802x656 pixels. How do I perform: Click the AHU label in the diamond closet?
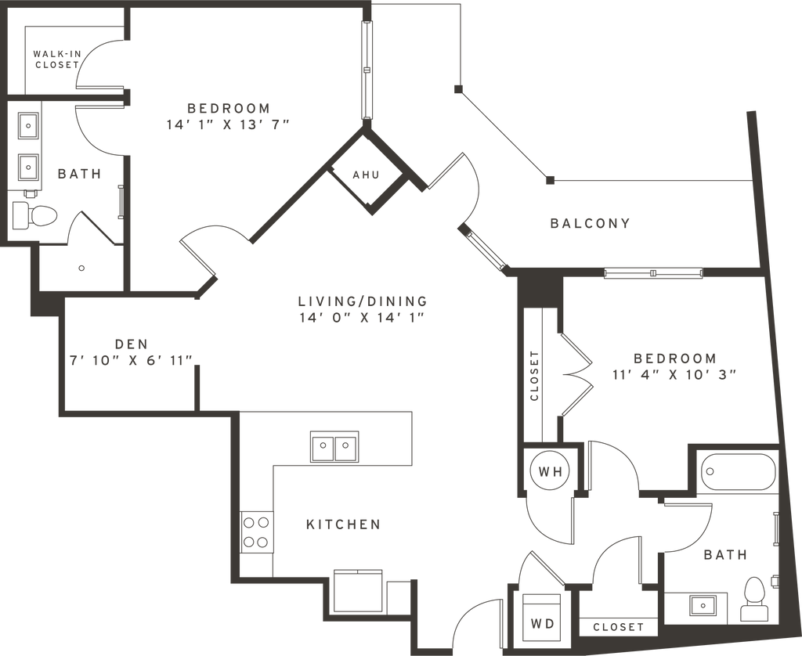(x=365, y=174)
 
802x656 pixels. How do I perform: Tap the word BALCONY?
(x=591, y=223)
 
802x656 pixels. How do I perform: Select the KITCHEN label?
(x=343, y=524)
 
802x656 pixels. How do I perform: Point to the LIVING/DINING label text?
(x=363, y=301)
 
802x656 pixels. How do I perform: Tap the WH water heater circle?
(x=547, y=471)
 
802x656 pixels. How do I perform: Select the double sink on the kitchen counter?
(x=334, y=447)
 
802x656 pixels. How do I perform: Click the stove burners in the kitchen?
(x=256, y=531)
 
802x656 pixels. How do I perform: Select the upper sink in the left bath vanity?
(x=27, y=125)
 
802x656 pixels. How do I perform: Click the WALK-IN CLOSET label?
(x=55, y=59)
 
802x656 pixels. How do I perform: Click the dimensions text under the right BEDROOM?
(x=674, y=373)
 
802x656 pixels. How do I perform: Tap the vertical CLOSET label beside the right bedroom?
(x=534, y=374)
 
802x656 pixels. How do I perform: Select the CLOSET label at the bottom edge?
(x=619, y=626)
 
